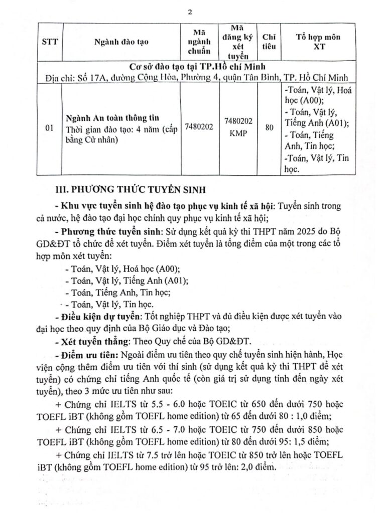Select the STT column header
click(49, 42)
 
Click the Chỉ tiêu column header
click(269, 42)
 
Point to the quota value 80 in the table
click(269, 128)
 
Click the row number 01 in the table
click(49, 128)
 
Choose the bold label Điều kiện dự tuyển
click(98, 317)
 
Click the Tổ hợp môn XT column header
click(316, 42)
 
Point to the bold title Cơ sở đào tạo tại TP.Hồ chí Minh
click(192, 66)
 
